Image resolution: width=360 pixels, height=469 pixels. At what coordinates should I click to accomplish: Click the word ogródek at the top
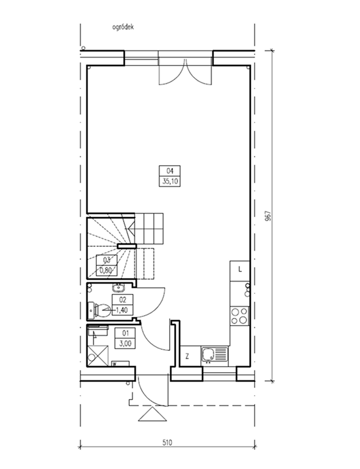pos(123,27)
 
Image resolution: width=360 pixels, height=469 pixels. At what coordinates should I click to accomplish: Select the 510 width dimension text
pos(167,442)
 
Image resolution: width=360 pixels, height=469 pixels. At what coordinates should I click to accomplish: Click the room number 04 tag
pos(170,171)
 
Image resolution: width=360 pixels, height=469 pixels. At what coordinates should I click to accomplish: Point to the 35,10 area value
pos(170,181)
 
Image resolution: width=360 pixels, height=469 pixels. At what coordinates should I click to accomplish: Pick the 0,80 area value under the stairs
pos(106,271)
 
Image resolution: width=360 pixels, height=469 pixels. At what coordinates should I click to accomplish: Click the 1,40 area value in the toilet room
pos(122,310)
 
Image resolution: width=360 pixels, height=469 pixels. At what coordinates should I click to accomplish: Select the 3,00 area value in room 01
pos(125,344)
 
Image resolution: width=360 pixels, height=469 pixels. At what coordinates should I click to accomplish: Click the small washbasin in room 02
pos(119,288)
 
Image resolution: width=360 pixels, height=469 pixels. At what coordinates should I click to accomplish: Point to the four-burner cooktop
pos(239,316)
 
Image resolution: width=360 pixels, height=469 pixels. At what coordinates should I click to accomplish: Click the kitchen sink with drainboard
pos(214,355)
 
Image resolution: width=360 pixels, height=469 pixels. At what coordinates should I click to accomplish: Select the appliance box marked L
pos(240,271)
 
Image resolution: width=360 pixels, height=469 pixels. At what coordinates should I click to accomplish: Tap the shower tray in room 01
pos(98,355)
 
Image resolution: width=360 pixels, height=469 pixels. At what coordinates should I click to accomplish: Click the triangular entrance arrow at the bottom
pos(152,415)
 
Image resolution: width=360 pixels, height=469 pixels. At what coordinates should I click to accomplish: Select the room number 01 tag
pos(125,332)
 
